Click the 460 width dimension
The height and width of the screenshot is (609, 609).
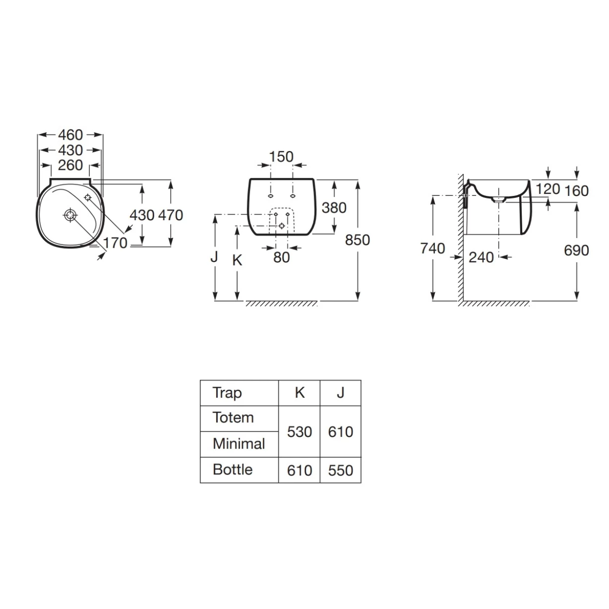click(x=71, y=135)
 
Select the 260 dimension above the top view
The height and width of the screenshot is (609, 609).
click(x=71, y=165)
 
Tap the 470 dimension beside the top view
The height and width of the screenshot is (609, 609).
click(x=171, y=215)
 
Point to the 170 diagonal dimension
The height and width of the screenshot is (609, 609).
click(x=115, y=243)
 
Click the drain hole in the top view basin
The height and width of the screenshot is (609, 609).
click(x=70, y=215)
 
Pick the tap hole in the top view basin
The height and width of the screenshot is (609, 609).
click(x=87, y=198)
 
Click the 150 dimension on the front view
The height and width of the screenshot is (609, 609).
click(x=281, y=157)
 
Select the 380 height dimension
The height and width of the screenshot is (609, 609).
click(x=334, y=208)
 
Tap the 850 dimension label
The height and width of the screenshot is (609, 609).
click(x=357, y=240)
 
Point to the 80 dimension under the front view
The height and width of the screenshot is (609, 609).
click(x=282, y=258)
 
